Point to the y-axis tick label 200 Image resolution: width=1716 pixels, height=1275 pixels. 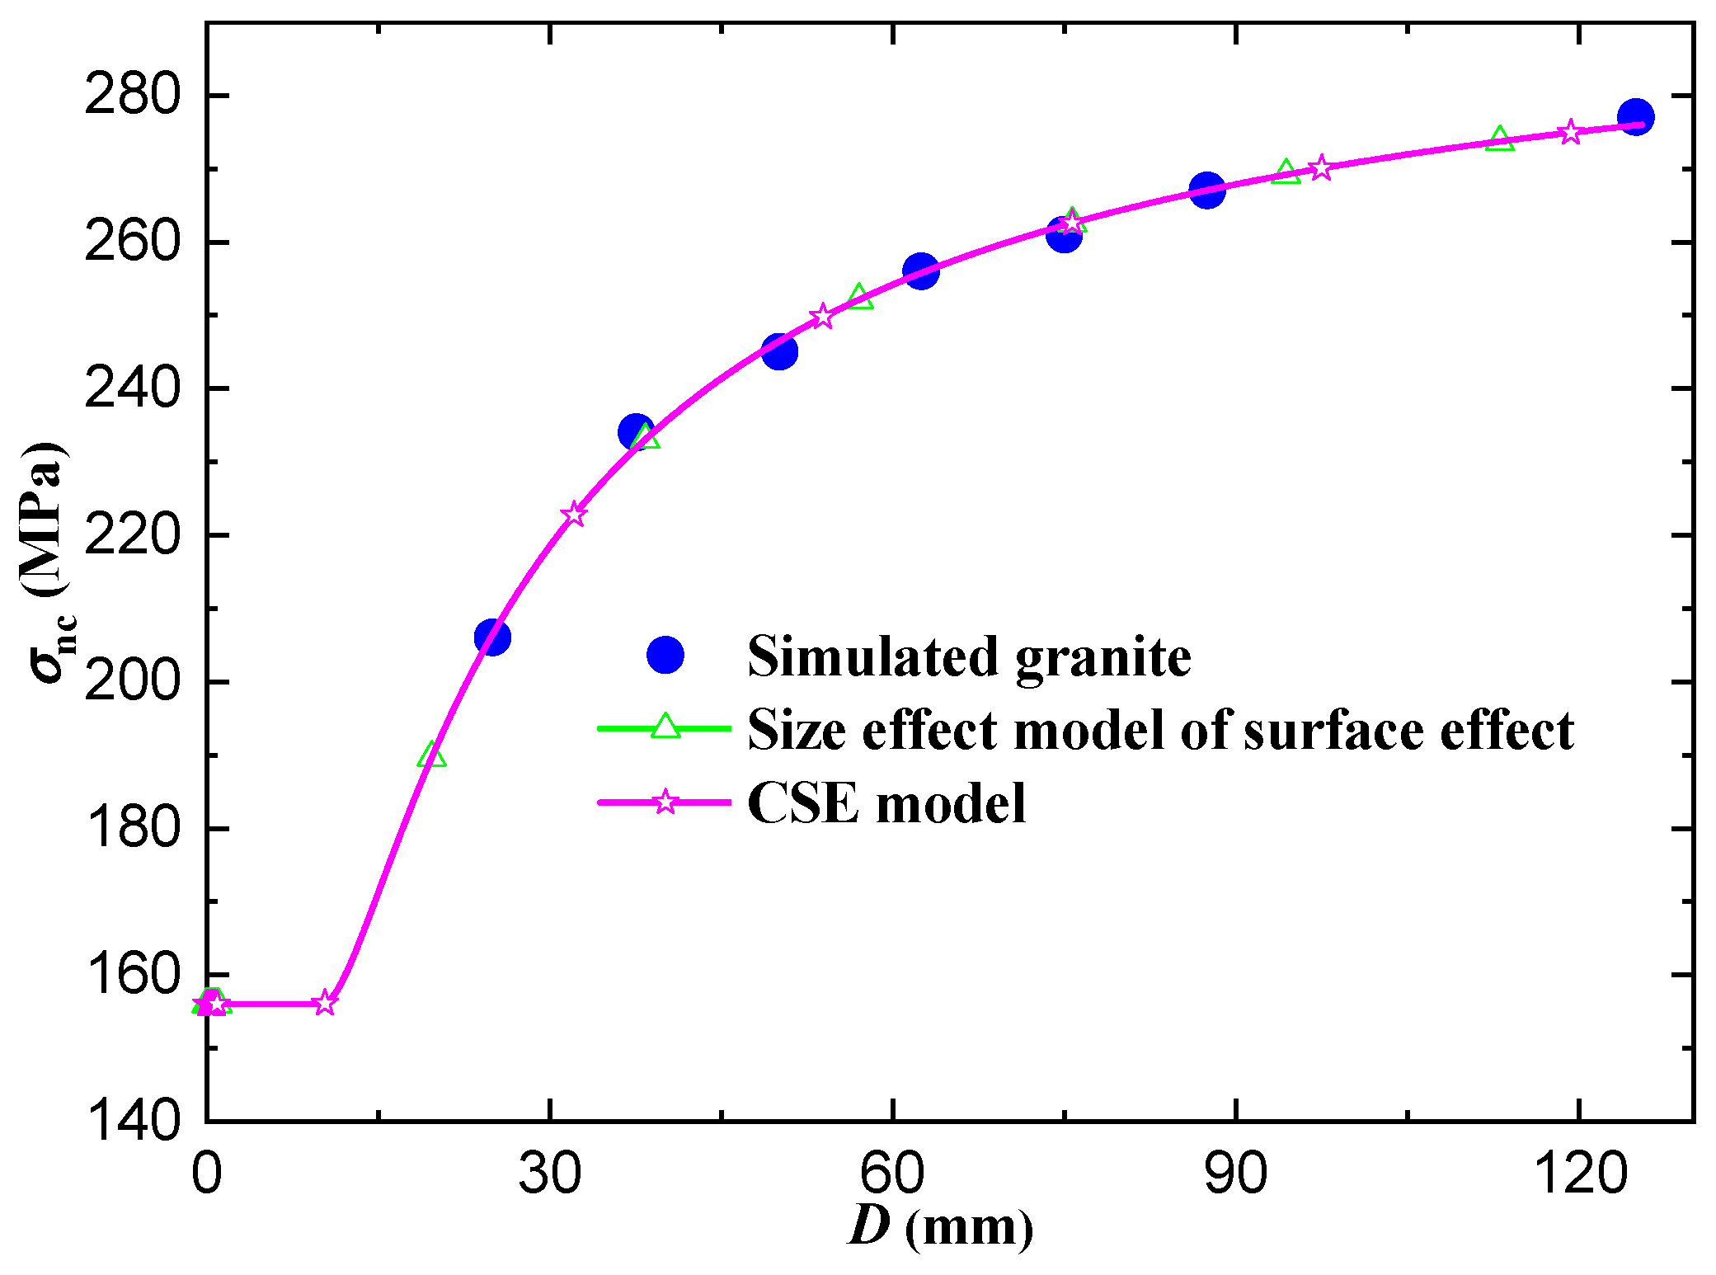132,683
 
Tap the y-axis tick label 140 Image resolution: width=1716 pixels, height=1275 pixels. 132,1122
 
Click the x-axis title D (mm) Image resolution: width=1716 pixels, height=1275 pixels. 940,1227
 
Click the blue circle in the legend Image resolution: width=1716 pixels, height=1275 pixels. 665,656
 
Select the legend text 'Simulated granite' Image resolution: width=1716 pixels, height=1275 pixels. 969,657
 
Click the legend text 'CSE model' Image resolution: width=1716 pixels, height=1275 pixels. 886,803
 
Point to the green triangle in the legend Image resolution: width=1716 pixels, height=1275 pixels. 665,727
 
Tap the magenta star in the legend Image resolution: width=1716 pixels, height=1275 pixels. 665,802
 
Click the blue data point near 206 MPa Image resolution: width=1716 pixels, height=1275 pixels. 492,637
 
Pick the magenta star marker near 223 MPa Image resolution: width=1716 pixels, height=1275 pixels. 574,515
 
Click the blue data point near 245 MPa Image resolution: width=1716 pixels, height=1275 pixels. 779,352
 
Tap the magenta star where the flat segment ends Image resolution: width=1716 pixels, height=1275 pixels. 326,1003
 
